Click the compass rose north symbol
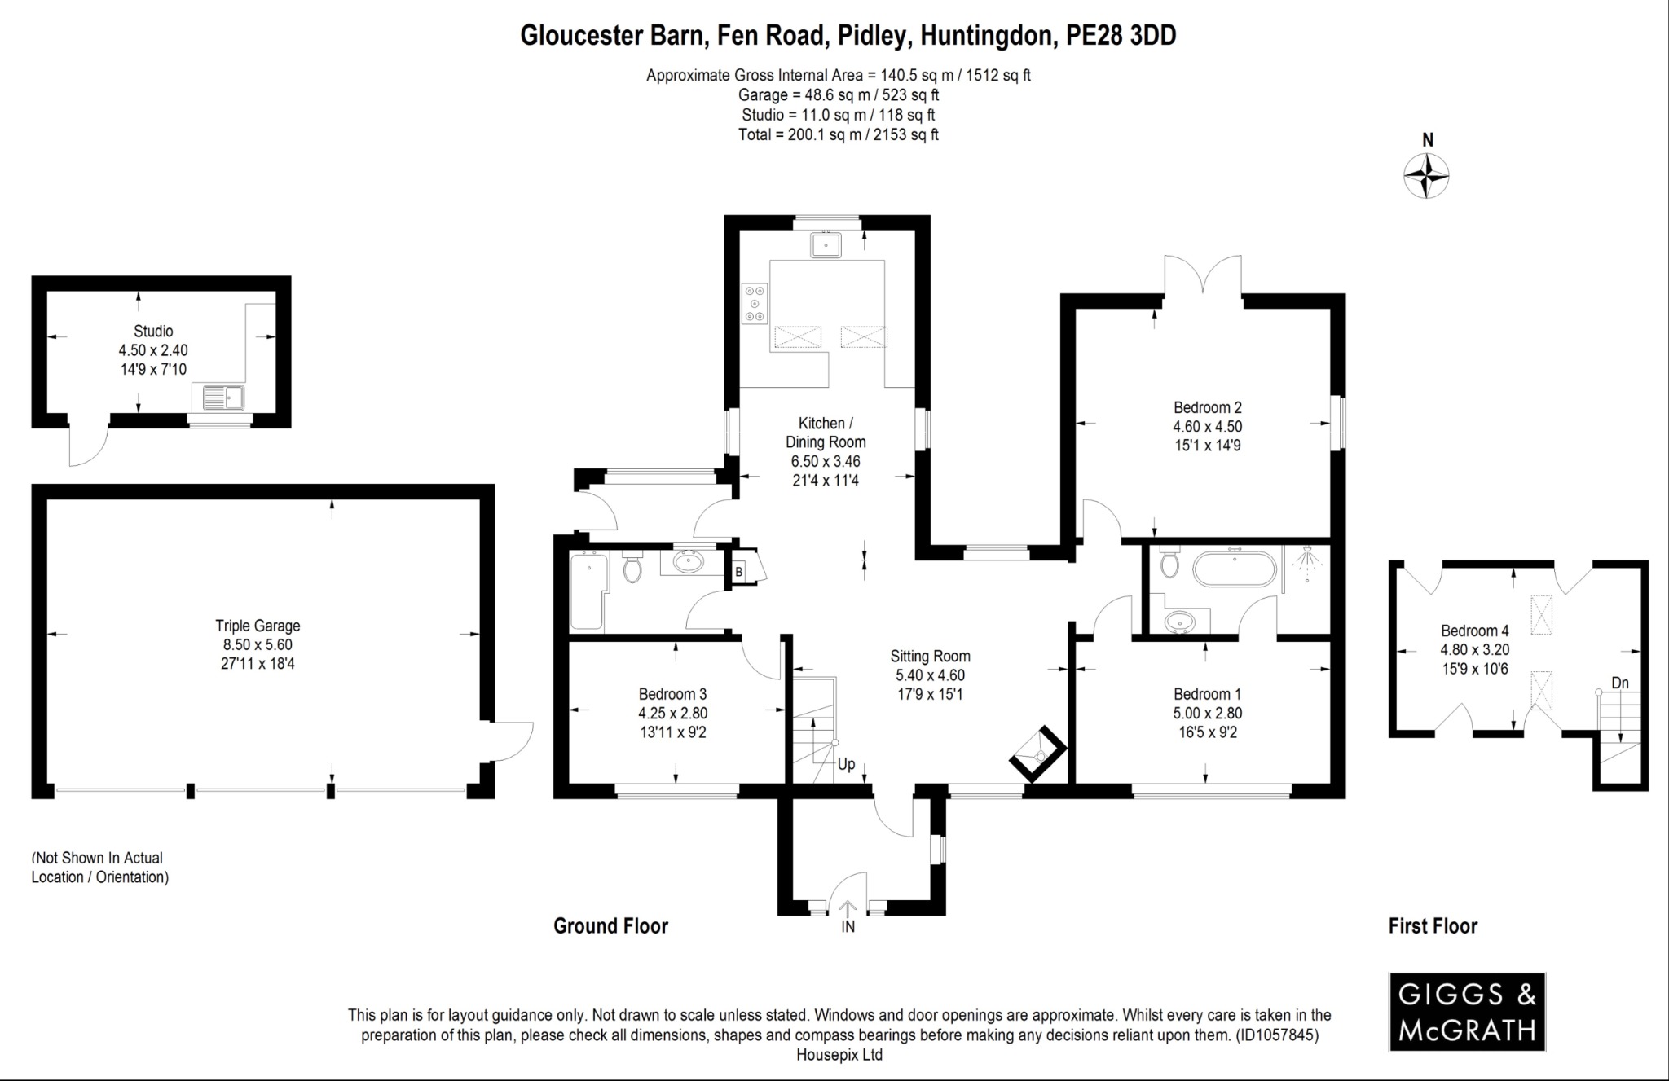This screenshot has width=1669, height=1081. [1426, 175]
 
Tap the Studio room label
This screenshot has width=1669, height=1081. [153, 332]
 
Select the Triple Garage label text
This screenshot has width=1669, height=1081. [258, 626]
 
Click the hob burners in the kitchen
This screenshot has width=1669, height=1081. [755, 302]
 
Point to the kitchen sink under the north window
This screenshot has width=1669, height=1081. [826, 244]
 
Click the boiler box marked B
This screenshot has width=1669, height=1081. [739, 572]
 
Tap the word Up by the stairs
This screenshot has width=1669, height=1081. [846, 764]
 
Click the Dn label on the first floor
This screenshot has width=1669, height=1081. [1620, 683]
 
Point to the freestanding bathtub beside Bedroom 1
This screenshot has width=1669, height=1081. [1235, 569]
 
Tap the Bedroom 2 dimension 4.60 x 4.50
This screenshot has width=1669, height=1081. [1207, 426]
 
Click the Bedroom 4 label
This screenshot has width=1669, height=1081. [1474, 631]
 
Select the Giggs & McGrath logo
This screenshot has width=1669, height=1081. [1467, 1012]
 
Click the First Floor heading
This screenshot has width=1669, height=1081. [1433, 926]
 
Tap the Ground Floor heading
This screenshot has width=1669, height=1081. [610, 926]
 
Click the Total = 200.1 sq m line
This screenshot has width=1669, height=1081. [838, 135]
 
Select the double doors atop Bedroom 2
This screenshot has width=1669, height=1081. [1203, 277]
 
